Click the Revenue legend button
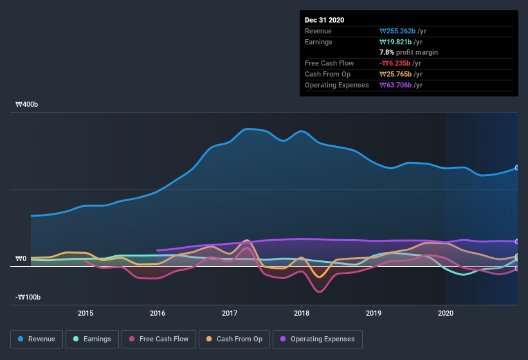(x=37, y=339)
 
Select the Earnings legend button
(x=92, y=339)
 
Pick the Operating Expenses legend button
(x=317, y=339)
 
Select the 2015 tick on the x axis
(x=86, y=313)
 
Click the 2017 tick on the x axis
(x=230, y=313)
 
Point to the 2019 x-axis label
(x=374, y=313)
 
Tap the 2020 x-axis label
(x=445, y=313)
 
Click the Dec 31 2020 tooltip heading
(x=324, y=20)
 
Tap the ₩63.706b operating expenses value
(x=398, y=85)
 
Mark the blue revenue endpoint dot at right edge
(x=517, y=168)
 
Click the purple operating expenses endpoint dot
(x=517, y=242)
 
